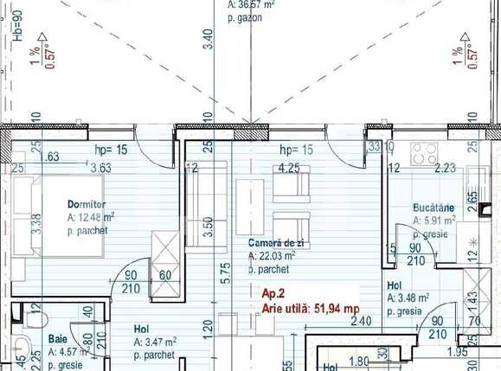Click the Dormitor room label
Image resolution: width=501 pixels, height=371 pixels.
pos(84,205)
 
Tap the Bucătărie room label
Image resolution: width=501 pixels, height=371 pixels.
pos(434,209)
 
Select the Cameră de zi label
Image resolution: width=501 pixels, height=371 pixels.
pos(273,244)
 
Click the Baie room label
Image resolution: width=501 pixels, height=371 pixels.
pos(58,340)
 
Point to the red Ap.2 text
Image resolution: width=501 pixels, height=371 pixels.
pos(273,293)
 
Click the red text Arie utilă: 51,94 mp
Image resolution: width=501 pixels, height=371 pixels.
pos(311,307)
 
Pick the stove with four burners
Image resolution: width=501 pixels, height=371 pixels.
pos(425,154)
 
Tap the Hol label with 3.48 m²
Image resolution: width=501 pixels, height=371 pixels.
pos(395,285)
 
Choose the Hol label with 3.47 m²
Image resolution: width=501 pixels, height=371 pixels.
pos(141,329)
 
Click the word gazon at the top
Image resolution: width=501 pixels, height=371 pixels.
pos(249,17)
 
